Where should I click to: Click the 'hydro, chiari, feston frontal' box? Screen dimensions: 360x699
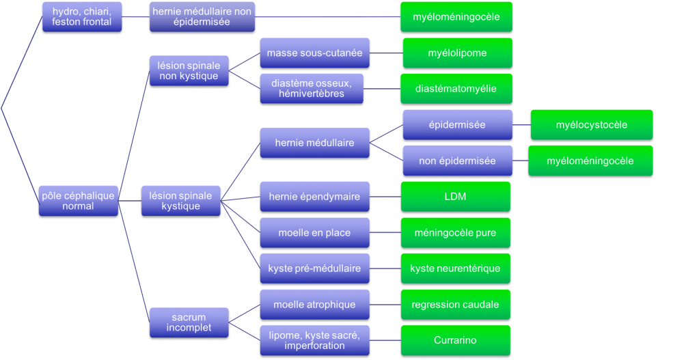coord(82,17)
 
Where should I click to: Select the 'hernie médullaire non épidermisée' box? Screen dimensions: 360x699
coord(202,17)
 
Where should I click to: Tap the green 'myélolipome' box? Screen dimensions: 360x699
coord(457,53)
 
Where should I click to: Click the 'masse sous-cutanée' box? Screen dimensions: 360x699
coord(314,53)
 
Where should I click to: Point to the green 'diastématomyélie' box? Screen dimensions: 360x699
coord(456,89)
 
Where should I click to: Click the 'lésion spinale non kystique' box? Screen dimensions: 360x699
coord(188,71)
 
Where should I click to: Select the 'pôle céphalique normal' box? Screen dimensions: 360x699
coord(78,201)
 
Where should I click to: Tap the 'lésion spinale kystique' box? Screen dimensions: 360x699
coord(181,201)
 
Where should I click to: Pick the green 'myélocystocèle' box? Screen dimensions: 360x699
coord(592,125)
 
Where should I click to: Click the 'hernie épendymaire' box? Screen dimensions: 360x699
coord(314,197)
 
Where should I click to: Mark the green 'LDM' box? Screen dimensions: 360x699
coord(455,197)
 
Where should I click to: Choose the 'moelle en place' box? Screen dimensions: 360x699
coord(314,233)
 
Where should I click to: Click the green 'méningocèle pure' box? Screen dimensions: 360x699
coord(455,233)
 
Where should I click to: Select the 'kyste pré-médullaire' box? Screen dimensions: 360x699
coord(314,268)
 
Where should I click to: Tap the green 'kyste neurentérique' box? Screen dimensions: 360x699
coord(455,268)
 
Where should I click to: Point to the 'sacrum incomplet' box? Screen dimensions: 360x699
coord(189,322)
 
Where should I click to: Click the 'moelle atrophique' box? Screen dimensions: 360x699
coord(314,305)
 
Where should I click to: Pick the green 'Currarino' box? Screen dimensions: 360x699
coord(455,340)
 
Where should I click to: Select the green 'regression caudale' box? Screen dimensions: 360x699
coord(455,305)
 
